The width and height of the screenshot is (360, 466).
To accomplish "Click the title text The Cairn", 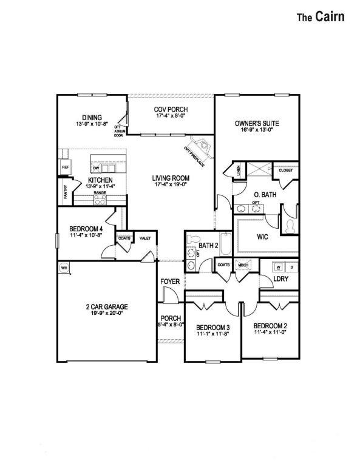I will pyautogui.click(x=320, y=17).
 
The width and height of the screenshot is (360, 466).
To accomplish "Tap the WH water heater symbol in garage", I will pyautogui.click(x=63, y=268).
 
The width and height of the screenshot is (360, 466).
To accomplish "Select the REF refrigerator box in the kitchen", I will pyautogui.click(x=65, y=167).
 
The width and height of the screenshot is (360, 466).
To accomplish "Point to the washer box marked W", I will pyautogui.click(x=279, y=266).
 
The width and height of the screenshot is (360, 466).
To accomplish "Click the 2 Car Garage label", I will pyautogui.click(x=106, y=306).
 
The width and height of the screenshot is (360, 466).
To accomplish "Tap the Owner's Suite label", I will pyautogui.click(x=257, y=124).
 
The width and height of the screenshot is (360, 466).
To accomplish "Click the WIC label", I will pyautogui.click(x=263, y=236).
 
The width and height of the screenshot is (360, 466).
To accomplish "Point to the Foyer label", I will pyautogui.click(x=169, y=282).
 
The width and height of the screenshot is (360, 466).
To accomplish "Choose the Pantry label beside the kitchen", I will pyautogui.click(x=65, y=192).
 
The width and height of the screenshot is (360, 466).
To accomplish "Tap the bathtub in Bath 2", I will pyautogui.click(x=225, y=246).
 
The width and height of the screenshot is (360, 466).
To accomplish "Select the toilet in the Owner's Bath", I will pyautogui.click(x=290, y=226).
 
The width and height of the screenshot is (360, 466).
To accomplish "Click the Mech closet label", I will pyautogui.click(x=243, y=265).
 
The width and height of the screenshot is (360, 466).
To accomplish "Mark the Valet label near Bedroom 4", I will pyautogui.click(x=145, y=238).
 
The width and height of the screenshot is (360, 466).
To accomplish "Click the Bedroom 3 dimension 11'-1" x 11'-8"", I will pyautogui.click(x=212, y=334).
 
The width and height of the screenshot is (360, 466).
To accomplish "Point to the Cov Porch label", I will pyautogui.click(x=171, y=109).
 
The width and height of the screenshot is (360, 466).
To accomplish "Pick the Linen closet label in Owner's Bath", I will pyautogui.click(x=238, y=171).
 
